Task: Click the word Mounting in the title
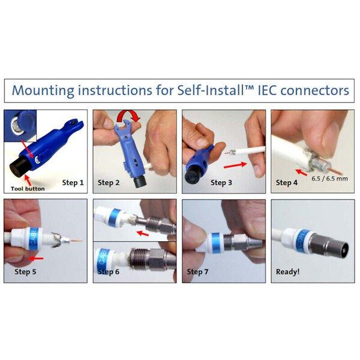(43, 91)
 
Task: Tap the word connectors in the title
(315, 90)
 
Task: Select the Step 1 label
(73, 183)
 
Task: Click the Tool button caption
(28, 189)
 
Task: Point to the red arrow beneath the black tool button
(28, 180)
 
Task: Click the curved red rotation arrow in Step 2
(128, 116)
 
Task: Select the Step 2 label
(109, 183)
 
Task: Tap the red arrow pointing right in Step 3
(235, 165)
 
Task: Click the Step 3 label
(221, 183)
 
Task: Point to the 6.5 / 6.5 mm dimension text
(329, 179)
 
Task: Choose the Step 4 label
(287, 183)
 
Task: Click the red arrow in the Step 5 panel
(36, 259)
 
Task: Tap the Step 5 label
(25, 272)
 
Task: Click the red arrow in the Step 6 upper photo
(143, 233)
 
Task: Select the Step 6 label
(109, 272)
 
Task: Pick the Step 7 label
(197, 272)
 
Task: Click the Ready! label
(287, 272)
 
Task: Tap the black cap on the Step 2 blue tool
(140, 182)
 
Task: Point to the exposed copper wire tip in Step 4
(337, 172)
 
